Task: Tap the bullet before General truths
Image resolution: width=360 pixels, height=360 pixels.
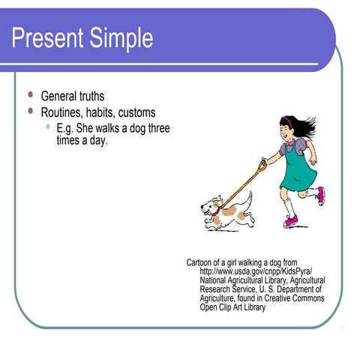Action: (31, 95)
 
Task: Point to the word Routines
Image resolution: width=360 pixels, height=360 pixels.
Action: (63, 112)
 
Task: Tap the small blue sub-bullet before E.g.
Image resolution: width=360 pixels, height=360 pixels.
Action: (48, 127)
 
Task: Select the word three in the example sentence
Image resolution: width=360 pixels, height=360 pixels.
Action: (157, 128)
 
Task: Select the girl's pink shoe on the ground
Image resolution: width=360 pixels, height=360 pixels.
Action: (290, 221)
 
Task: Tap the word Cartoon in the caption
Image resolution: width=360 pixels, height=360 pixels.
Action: (201, 262)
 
